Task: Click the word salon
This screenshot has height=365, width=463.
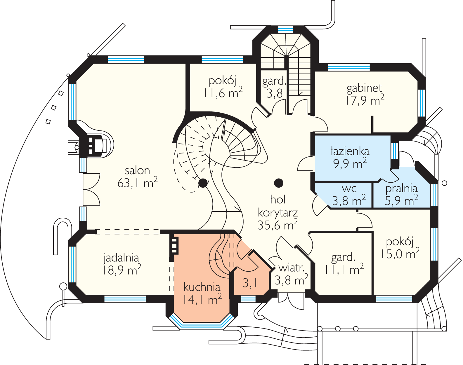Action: pos(137,170)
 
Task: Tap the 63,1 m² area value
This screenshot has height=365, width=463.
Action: pos(137,183)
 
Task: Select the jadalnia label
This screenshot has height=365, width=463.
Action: pos(121,258)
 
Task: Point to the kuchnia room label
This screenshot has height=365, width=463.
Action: pos(202,287)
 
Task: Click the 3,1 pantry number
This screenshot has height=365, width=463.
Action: pos(250,282)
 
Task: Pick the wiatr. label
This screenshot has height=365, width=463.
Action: pos(291,268)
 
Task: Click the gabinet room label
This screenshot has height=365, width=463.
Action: pos(364,88)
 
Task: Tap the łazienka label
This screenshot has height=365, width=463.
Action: pos(350,151)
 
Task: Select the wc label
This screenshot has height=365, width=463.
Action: pos(349,188)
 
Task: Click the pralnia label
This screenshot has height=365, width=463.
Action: pos(401,188)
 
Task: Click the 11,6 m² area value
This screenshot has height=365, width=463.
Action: pos(223,93)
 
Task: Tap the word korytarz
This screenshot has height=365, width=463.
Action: pos(278,213)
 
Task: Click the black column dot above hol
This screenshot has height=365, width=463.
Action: pos(279,183)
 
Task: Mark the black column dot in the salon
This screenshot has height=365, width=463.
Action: pos(203,183)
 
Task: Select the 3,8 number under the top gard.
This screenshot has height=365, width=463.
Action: pos(275,93)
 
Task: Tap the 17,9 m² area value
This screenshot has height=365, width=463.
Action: pos(365,100)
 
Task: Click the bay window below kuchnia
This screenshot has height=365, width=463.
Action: pos(202,323)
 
